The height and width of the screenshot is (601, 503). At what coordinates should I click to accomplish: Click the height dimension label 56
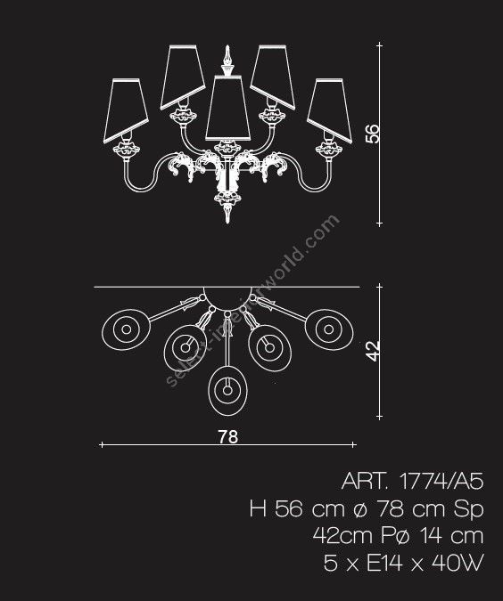click(x=373, y=134)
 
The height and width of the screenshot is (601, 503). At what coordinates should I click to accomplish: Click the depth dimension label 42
click(x=373, y=351)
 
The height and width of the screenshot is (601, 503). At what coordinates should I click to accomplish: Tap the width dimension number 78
click(x=228, y=436)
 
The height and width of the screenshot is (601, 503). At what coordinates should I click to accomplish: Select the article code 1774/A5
click(x=441, y=481)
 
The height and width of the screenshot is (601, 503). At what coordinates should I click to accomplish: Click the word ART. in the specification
click(x=365, y=481)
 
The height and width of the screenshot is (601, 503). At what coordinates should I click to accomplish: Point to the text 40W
click(x=458, y=563)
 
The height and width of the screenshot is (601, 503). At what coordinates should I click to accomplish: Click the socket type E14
click(x=384, y=563)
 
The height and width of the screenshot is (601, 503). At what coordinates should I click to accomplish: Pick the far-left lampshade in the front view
click(x=126, y=110)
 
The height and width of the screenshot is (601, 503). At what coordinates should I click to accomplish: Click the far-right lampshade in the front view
click(x=330, y=110)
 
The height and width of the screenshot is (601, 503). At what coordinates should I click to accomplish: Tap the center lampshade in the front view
click(x=228, y=108)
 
